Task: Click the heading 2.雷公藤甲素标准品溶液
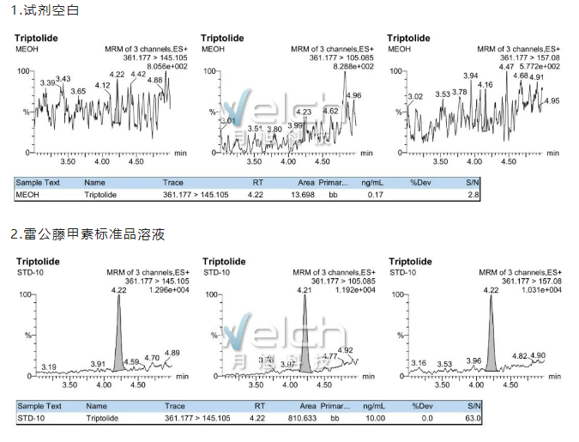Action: [x=87, y=233]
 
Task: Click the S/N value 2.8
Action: [x=472, y=196]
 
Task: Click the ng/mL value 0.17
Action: [x=375, y=196]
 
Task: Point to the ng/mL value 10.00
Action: [x=373, y=419]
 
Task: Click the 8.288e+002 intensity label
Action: [x=353, y=66]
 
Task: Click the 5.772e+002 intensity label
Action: [x=540, y=66]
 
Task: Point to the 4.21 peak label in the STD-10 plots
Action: [x=305, y=291]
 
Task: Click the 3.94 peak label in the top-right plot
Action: [x=470, y=76]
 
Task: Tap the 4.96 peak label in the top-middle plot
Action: [x=353, y=95]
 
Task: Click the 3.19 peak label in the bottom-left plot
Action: [x=49, y=366]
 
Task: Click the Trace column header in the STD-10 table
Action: [x=174, y=406]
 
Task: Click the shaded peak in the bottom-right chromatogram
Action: [x=491, y=343]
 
